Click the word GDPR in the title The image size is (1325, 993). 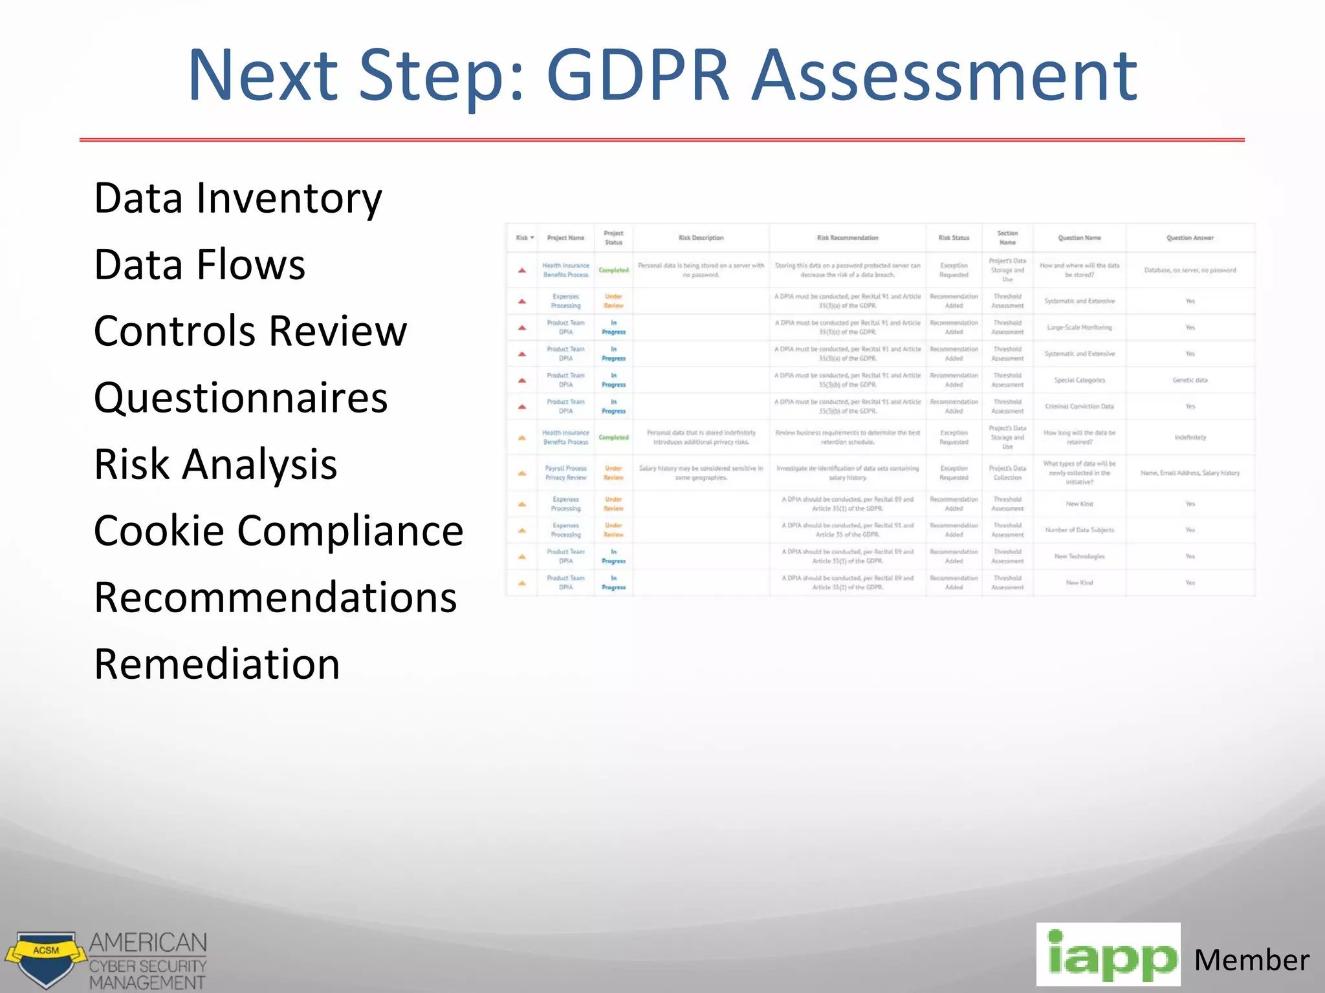pyautogui.click(x=638, y=76)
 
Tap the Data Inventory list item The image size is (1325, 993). pyautogui.click(x=238, y=198)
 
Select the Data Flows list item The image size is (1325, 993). pyautogui.click(x=199, y=264)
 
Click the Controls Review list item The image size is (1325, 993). pyautogui.click(x=250, y=331)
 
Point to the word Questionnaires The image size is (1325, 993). pyautogui.click(x=241, y=398)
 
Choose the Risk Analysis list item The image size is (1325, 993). pyautogui.click(x=215, y=464)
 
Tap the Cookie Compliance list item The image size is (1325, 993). pyautogui.click(x=278, y=531)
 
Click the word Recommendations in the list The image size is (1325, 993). pyautogui.click(x=276, y=597)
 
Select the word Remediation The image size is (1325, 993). pyautogui.click(x=217, y=664)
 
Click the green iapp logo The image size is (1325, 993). pyautogui.click(x=1108, y=955)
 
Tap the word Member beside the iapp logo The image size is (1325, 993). pyautogui.click(x=1251, y=960)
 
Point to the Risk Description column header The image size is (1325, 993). pyautogui.click(x=701, y=238)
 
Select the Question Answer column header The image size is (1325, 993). pyautogui.click(x=1190, y=238)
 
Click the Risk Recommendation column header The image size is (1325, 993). pyautogui.click(x=848, y=238)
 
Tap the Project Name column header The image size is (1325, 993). pyautogui.click(x=565, y=238)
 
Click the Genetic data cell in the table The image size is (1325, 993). pyautogui.click(x=1190, y=380)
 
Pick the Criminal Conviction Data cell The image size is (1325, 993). pyautogui.click(x=1079, y=407)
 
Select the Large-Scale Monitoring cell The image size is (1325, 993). pyautogui.click(x=1079, y=328)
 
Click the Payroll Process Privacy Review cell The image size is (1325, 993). pyautogui.click(x=565, y=473)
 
